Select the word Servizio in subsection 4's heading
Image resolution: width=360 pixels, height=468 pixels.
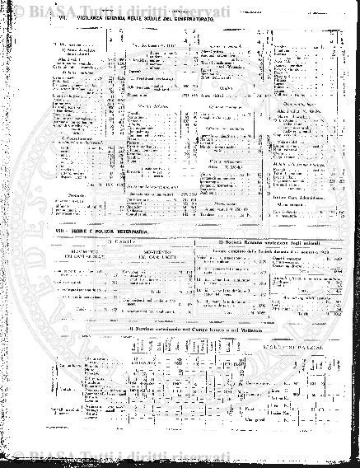click(x=144, y=330)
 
